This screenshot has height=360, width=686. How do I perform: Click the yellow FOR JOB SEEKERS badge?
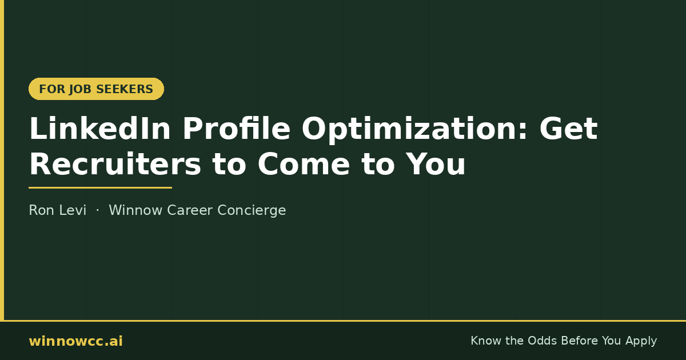pos(96,89)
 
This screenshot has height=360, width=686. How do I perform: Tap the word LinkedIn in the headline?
pos(100,129)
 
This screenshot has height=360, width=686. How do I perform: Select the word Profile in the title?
pos(236,129)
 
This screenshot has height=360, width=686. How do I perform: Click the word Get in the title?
pos(568,129)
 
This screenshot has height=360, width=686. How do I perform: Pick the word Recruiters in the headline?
pos(115,164)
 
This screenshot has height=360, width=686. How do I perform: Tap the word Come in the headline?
pos(304,165)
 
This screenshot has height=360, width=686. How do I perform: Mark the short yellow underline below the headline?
pos(100,187)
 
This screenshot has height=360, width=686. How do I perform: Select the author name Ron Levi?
pos(58,210)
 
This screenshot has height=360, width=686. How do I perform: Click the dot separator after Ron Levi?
pos(98,210)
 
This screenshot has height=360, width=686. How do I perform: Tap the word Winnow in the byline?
pos(135,210)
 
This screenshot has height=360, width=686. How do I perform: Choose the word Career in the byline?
pos(190,210)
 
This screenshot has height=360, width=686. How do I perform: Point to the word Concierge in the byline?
pos(252,211)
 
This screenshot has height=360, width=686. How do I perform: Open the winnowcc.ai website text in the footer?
pos(75,341)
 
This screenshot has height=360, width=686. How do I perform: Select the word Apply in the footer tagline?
pos(641,341)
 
